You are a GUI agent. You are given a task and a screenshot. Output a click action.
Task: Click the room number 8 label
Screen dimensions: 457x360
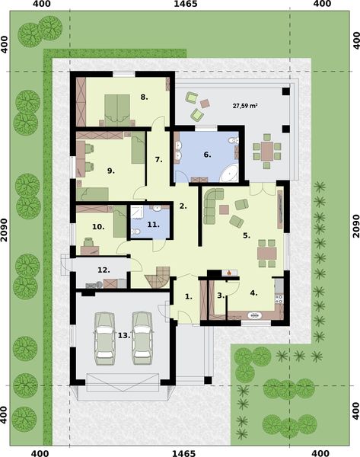pos(143,97)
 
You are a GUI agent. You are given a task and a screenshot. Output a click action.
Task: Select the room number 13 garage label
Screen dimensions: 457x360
pos(123,334)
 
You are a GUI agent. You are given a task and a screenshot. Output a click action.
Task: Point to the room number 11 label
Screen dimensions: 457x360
pos(152,225)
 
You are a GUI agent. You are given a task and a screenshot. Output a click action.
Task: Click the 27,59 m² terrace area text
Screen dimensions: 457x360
pos(244,104)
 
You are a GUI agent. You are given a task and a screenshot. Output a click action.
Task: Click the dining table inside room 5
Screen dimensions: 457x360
pos(266,251)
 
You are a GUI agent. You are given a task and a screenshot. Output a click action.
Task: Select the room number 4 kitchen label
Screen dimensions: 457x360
pos(254,292)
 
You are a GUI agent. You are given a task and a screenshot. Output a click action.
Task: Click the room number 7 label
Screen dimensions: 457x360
pos(158,159)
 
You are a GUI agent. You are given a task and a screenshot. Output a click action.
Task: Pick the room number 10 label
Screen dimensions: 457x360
pos(97,226)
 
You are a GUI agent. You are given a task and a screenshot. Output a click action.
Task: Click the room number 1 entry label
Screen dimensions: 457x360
pos(189,295)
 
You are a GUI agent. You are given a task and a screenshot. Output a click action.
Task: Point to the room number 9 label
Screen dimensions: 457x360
pos(110,171)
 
